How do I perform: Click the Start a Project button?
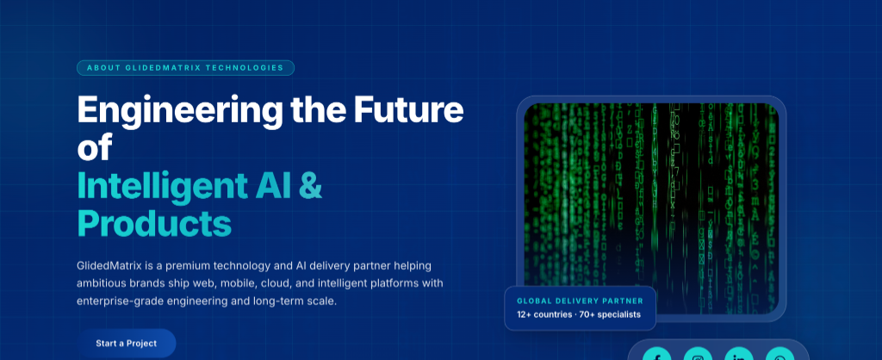[127, 343]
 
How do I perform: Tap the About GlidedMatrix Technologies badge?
[186, 68]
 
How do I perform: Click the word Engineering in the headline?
[180, 111]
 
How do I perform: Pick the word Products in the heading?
[154, 223]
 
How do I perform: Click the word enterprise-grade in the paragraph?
[115, 301]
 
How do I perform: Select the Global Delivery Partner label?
[580, 301]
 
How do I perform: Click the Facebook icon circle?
[656, 354]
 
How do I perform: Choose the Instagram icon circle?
[698, 354]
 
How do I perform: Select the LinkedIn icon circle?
[739, 354]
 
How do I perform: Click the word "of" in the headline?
[95, 146]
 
